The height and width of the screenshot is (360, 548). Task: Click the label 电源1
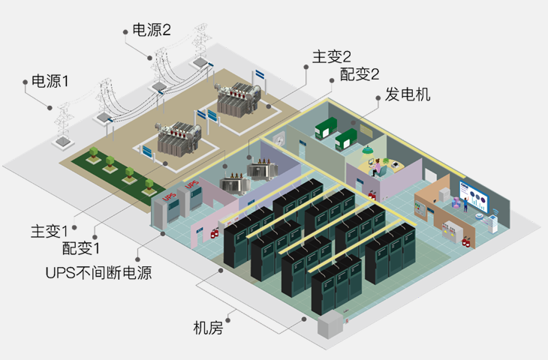(50, 81)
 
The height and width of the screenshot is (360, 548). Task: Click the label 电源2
(152, 30)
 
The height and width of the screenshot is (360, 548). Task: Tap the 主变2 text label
(332, 56)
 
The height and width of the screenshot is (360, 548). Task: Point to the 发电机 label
(408, 94)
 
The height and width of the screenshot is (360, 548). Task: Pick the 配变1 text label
(81, 248)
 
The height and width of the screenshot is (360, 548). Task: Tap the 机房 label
(208, 328)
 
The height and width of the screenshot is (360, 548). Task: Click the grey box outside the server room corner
(328, 325)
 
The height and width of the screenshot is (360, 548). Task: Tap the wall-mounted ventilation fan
(279, 139)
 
